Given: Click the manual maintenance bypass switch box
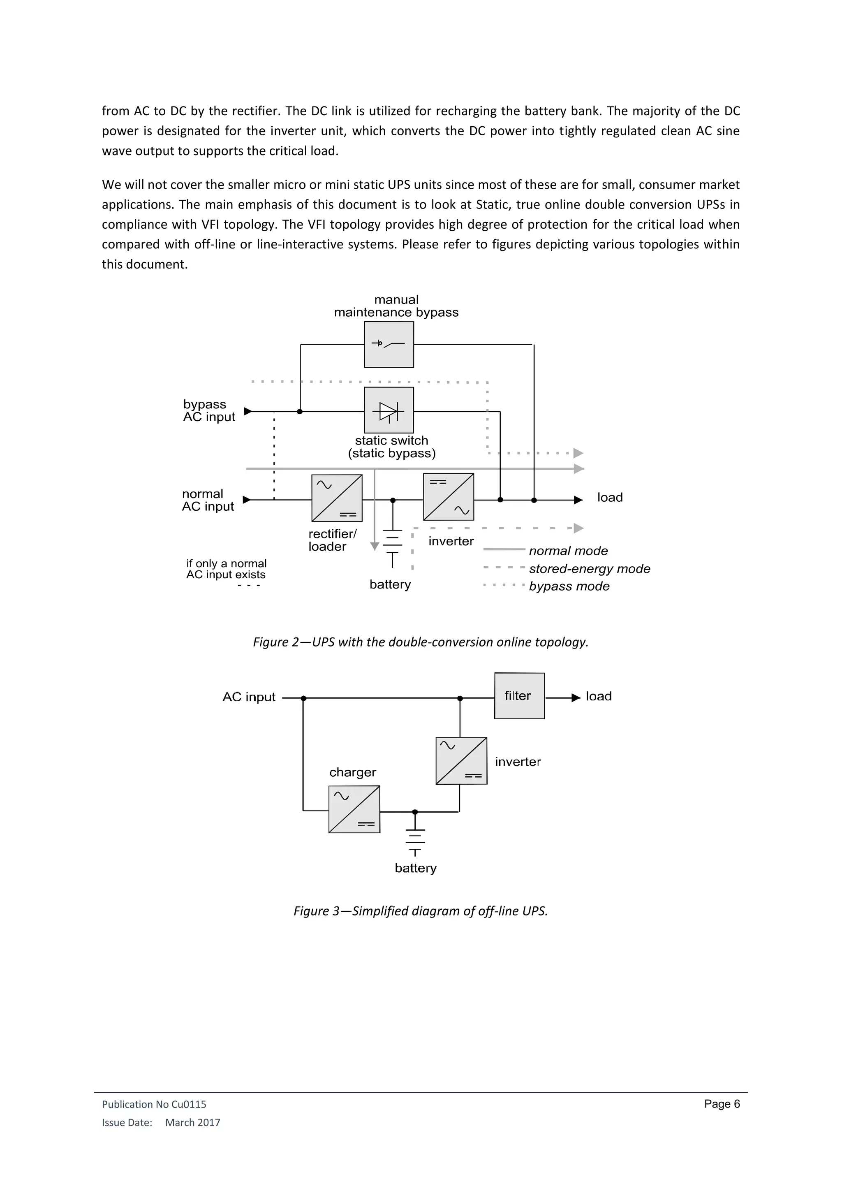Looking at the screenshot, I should (389, 345).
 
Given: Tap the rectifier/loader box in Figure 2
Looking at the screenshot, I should (336, 498).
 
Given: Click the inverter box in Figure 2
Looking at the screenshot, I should (449, 496).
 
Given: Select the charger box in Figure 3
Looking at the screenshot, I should (354, 809).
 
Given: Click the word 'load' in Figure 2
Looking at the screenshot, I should (610, 498).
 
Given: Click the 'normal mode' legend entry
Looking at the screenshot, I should (568, 551).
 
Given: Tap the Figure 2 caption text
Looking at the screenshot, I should (421, 642).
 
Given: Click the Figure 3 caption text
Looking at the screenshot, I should (421, 911).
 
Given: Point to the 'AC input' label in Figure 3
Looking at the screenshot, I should (249, 697).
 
